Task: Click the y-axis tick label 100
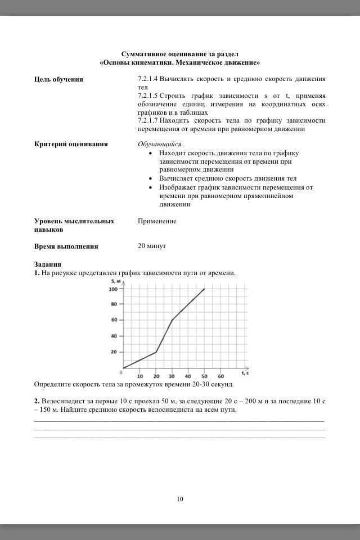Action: (x=113, y=289)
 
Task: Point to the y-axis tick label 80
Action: (x=115, y=304)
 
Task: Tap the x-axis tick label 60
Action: (x=220, y=376)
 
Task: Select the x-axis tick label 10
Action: (x=140, y=376)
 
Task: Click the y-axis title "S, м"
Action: (x=116, y=281)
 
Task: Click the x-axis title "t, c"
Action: (x=245, y=372)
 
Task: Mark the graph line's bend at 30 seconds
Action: (x=172, y=320)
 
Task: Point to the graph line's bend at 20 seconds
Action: (x=156, y=352)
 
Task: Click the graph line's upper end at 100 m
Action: (x=204, y=289)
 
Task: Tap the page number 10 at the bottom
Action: (x=180, y=498)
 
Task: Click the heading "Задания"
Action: (x=48, y=264)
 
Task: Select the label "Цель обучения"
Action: (x=58, y=79)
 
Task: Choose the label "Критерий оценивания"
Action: (x=71, y=144)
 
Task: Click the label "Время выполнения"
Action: (x=66, y=246)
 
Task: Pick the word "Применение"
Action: (x=157, y=221)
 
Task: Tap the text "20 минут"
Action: (x=152, y=246)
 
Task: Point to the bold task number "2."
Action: (x=37, y=401)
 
